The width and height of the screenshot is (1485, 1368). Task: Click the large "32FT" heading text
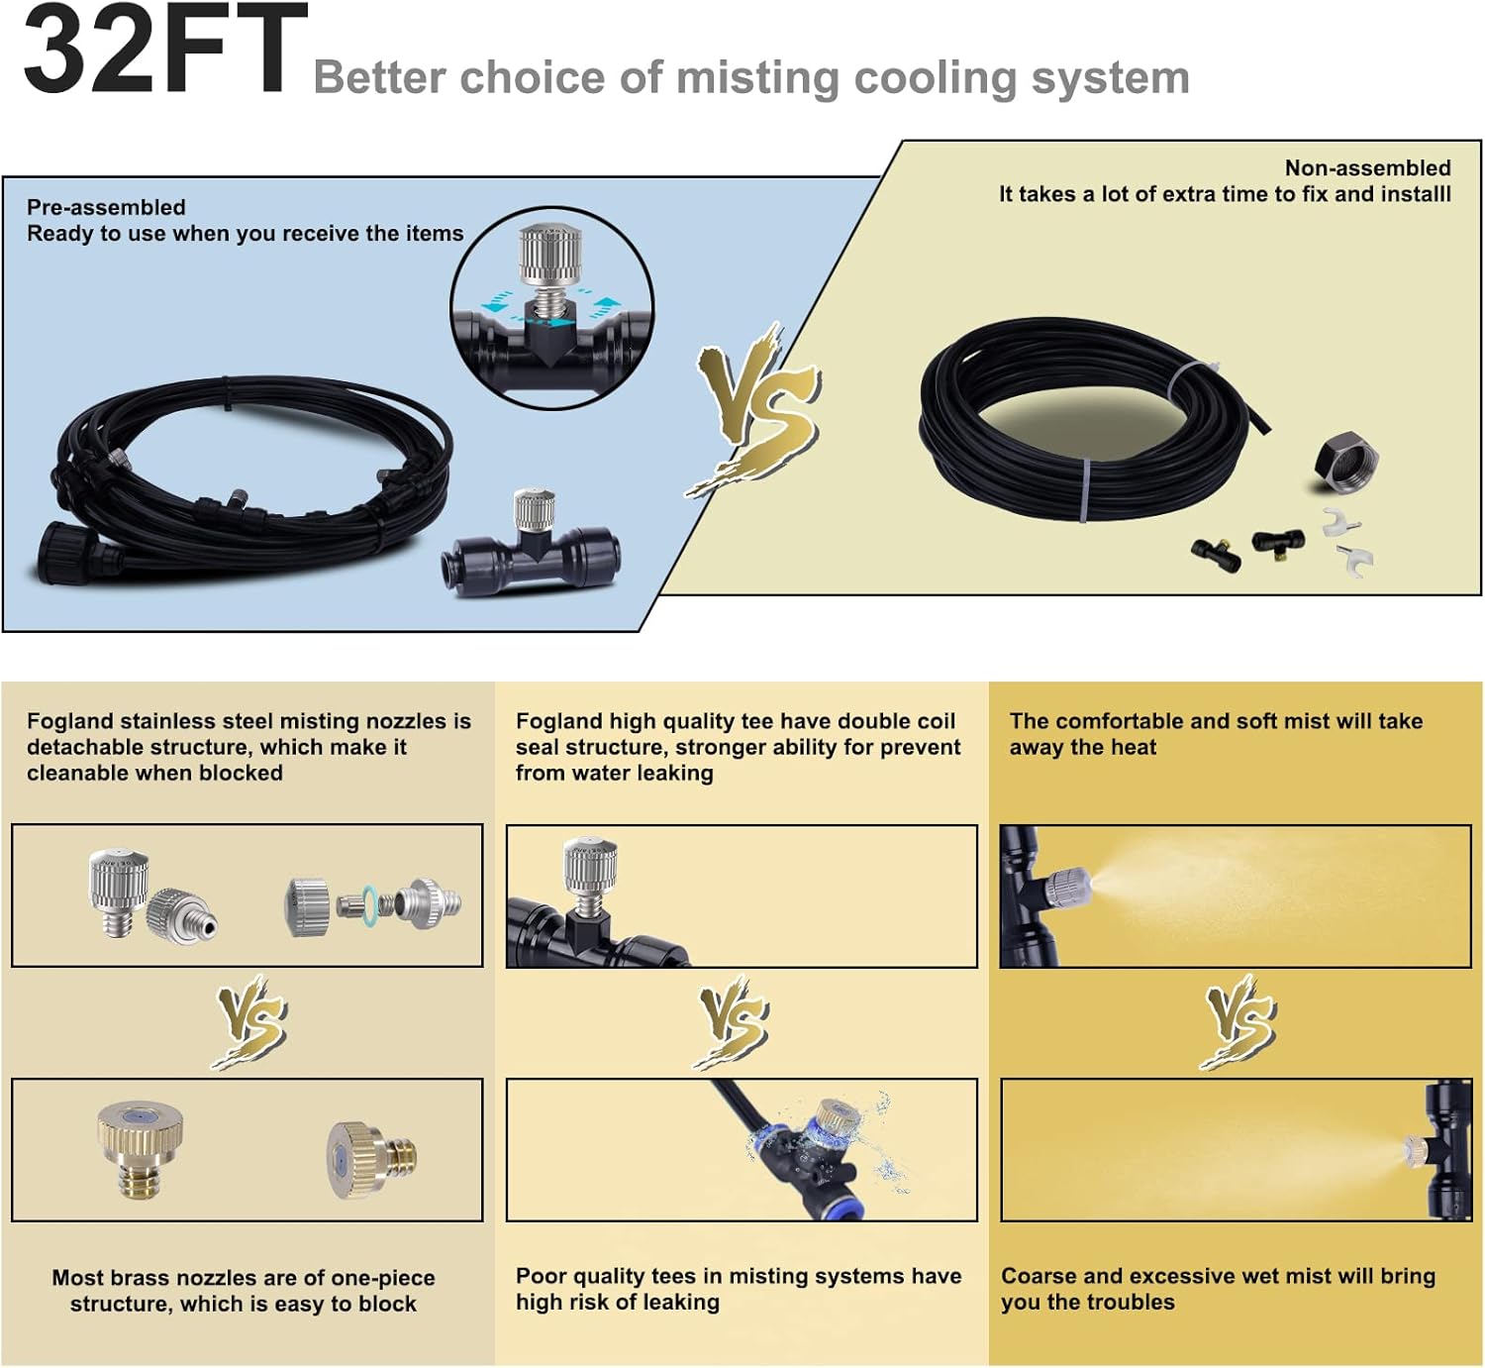163,52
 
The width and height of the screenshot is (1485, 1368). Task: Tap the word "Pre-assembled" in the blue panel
106,207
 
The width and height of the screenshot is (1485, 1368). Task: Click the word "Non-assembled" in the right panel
1367,168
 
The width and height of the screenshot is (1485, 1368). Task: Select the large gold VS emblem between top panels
757,408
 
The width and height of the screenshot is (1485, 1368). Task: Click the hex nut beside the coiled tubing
1345,462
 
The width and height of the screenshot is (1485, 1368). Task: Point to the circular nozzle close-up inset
551,307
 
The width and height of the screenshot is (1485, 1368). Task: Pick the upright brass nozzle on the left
141,1148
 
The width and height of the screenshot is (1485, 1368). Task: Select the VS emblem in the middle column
735,1021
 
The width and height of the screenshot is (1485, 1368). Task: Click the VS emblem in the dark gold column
1239,1021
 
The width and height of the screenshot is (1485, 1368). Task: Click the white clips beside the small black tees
1349,542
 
